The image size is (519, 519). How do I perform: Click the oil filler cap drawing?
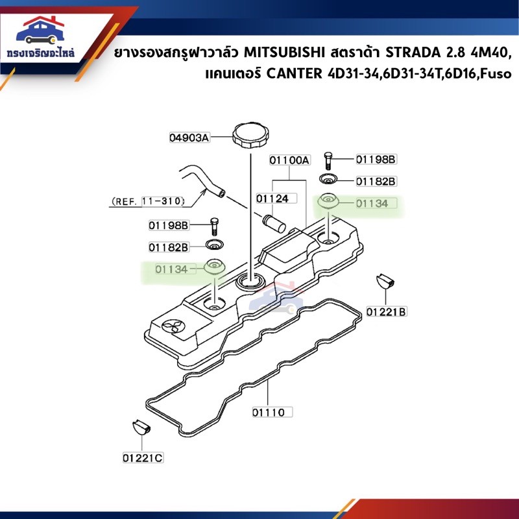coord(250,136)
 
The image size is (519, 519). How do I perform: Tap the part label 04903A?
coord(189,138)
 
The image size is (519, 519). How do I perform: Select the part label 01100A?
coord(289,160)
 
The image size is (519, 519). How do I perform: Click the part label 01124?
coord(272,199)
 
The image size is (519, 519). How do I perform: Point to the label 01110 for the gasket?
coord(269,413)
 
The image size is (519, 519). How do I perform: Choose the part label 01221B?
coord(386,312)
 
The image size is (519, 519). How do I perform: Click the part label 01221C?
coord(143,458)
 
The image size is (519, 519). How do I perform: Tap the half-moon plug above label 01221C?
coord(141,427)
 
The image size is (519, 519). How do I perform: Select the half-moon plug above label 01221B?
coord(385,282)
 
